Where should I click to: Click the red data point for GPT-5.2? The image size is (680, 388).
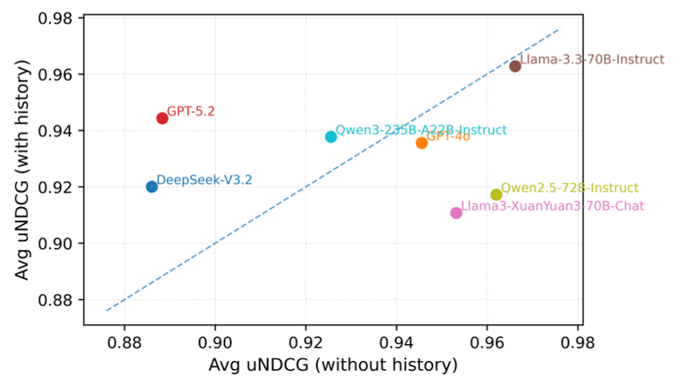tap(162, 118)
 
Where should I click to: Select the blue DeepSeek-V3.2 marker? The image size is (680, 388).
tap(151, 186)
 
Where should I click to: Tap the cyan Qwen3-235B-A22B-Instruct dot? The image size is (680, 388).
tap(331, 137)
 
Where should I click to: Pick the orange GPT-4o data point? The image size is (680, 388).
tap(422, 142)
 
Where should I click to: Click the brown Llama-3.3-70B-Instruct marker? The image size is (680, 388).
tap(515, 66)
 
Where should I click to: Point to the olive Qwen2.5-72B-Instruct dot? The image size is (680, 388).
tap(496, 194)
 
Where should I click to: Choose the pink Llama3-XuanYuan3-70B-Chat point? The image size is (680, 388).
tap(456, 213)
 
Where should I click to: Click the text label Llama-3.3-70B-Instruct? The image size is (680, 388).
tap(592, 60)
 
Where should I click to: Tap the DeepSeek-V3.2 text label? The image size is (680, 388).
tap(204, 180)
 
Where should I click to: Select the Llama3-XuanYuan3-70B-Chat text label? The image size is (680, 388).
tap(552, 207)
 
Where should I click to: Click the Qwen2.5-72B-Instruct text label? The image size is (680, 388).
tap(570, 188)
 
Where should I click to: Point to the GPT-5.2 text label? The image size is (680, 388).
tap(191, 112)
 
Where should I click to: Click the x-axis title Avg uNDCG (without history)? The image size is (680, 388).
tap(333, 366)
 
